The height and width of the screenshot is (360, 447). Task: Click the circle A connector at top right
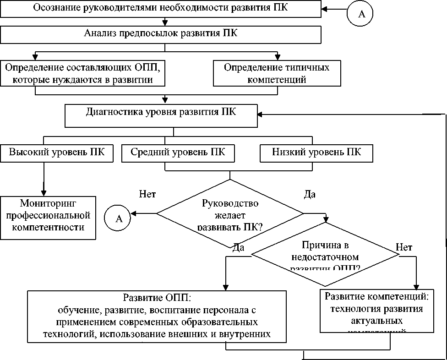click(360, 14)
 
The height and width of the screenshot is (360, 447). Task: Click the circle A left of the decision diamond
click(118, 218)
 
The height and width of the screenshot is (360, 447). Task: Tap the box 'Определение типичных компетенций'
click(277, 73)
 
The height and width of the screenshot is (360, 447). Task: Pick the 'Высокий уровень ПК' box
click(57, 153)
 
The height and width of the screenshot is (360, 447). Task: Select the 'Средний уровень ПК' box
click(178, 153)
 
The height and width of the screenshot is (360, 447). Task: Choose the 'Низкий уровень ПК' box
click(316, 153)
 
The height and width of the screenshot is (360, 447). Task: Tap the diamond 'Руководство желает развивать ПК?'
click(230, 213)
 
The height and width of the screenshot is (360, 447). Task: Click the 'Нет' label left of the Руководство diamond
click(147, 194)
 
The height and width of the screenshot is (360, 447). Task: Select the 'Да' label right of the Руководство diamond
click(310, 194)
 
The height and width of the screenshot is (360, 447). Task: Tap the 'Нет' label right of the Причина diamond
click(403, 247)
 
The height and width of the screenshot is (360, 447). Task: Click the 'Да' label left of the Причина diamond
click(238, 247)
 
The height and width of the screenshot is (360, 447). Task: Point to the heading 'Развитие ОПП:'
click(157, 299)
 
